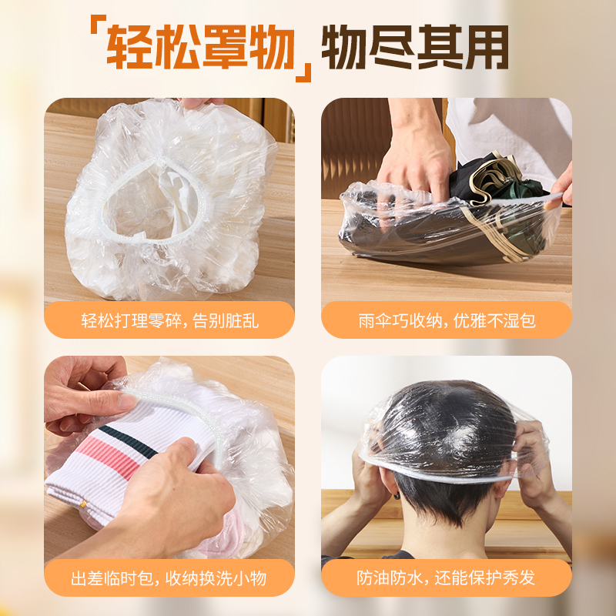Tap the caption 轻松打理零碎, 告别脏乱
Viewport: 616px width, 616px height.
click(169, 320)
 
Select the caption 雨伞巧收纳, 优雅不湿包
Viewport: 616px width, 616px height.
click(447, 320)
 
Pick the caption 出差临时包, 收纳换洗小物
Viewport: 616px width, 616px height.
click(169, 577)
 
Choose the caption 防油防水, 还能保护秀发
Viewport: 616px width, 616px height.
click(447, 577)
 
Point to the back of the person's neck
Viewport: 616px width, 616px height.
click(447, 531)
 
